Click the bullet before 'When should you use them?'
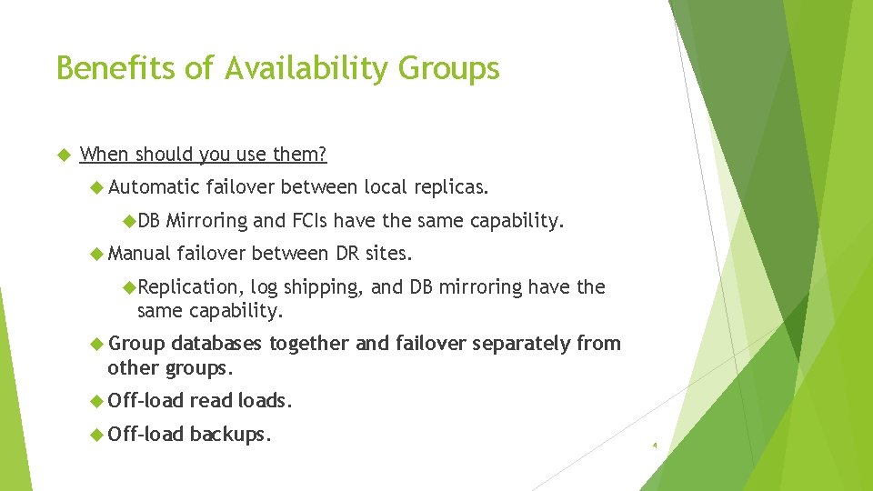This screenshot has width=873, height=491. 64,155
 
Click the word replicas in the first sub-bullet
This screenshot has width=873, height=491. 449,188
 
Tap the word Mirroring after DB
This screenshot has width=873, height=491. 206,221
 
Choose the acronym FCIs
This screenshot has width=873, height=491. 310,221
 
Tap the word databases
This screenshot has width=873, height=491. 217,344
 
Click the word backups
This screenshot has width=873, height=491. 230,435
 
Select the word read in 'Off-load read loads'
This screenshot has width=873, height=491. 211,400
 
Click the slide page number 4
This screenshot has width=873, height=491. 654,446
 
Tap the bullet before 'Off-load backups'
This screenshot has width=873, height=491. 97,435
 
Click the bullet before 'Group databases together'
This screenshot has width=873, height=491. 97,344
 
